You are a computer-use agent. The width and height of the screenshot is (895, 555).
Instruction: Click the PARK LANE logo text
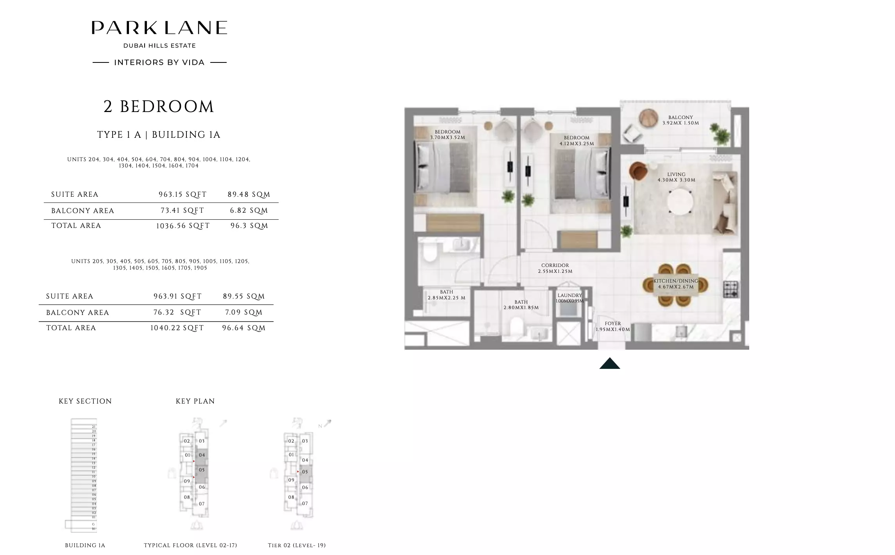tap(159, 28)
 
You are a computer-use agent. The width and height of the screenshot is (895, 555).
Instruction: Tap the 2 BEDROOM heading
tap(159, 107)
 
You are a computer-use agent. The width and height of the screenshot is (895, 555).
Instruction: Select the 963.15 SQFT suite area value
tap(183, 194)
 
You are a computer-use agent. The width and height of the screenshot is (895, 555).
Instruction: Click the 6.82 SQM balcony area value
tap(249, 211)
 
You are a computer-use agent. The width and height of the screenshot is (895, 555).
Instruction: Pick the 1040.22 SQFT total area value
tap(177, 328)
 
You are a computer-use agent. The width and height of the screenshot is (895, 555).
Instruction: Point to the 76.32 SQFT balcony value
tap(177, 312)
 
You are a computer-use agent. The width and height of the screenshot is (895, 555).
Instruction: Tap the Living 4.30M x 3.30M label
tap(676, 177)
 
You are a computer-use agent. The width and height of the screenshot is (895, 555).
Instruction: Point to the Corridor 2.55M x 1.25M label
tap(555, 268)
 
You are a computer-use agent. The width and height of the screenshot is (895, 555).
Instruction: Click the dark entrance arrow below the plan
tap(609, 364)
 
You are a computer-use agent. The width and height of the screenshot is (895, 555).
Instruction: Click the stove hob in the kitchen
tap(730, 289)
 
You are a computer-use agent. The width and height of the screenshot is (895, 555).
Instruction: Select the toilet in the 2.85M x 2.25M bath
tap(429, 253)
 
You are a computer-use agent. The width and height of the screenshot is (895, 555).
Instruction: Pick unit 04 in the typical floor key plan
tap(202, 455)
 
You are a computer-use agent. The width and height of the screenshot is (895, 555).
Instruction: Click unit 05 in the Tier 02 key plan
tap(305, 472)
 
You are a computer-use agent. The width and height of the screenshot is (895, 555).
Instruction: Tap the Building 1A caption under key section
tap(85, 545)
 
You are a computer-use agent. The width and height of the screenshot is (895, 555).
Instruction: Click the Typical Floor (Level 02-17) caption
tap(190, 545)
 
